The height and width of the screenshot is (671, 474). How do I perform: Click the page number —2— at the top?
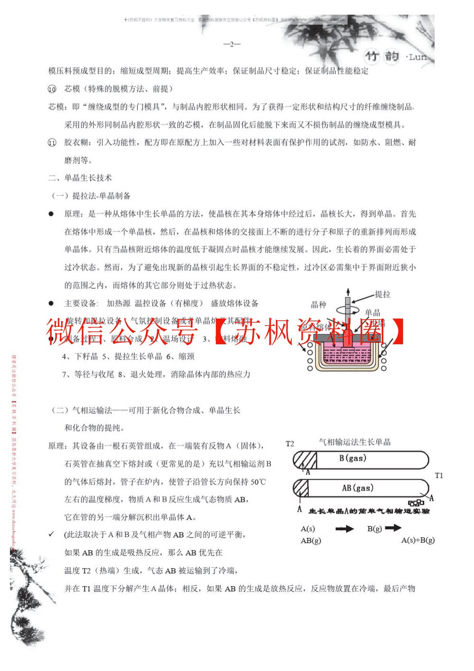pyautogui.click(x=232, y=44)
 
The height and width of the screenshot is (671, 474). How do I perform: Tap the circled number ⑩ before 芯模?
pyautogui.click(x=52, y=89)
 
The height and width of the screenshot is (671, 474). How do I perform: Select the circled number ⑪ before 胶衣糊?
pyautogui.click(x=52, y=143)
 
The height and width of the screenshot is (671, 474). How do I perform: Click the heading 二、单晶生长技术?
pyautogui.click(x=80, y=178)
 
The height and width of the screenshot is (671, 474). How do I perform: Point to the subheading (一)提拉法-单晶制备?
pyautogui.click(x=90, y=196)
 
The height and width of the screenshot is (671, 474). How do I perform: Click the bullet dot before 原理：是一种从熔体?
pyautogui.click(x=51, y=214)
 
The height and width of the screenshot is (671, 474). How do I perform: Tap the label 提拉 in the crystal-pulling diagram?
pyautogui.click(x=383, y=295)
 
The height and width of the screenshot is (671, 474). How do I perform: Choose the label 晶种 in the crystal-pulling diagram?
pyautogui.click(x=318, y=304)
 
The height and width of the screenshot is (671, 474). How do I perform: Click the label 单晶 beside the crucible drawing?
pyautogui.click(x=373, y=313)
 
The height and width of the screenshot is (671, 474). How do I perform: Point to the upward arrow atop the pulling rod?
pyautogui.click(x=348, y=291)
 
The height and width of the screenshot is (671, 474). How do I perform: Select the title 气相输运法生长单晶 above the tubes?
pyautogui.click(x=355, y=442)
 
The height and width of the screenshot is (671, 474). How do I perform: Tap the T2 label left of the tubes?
pyautogui.click(x=290, y=444)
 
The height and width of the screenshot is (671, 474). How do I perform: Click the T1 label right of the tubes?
pyautogui.click(x=438, y=475)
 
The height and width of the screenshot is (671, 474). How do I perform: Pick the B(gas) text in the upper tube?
pyautogui.click(x=353, y=458)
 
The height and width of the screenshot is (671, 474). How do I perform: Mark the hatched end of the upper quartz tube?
pyautogui.click(x=305, y=460)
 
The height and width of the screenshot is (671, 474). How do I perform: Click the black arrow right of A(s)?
pyautogui.click(x=344, y=528)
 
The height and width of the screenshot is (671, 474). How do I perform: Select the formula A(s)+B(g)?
pyautogui.click(x=418, y=540)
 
